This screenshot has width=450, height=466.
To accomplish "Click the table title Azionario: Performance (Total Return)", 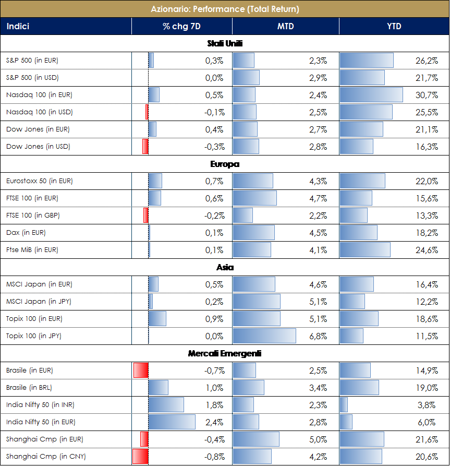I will [x=225, y=9].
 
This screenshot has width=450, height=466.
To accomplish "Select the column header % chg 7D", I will [x=182, y=27].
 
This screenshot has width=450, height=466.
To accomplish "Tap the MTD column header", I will [x=285, y=27].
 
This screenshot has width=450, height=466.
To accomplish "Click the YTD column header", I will [x=394, y=27].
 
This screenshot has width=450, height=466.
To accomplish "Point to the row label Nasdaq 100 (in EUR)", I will [x=39, y=95].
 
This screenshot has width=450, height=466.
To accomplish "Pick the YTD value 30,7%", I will [x=427, y=95].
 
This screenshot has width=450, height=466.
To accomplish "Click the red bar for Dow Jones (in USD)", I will [x=145, y=147].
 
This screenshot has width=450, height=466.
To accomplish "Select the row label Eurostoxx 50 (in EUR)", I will [x=40, y=181].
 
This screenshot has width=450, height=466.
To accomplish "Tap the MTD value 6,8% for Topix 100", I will [x=318, y=336].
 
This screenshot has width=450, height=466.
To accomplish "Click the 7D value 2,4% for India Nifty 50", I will [x=214, y=422].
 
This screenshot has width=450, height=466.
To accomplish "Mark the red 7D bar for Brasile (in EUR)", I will [x=141, y=371].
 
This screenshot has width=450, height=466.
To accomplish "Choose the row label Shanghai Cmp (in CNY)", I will [x=46, y=457].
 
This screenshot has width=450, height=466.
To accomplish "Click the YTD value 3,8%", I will [x=428, y=405].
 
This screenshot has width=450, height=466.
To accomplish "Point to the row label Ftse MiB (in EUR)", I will [x=32, y=250].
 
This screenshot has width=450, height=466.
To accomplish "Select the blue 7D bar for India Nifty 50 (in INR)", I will [x=166, y=405].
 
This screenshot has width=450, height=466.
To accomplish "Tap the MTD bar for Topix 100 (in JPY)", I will [x=264, y=336].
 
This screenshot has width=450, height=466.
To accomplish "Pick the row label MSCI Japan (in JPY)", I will [x=39, y=302].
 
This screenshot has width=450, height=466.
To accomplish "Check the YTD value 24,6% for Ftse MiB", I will [x=427, y=250].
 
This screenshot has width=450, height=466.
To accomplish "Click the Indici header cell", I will [x=18, y=27].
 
